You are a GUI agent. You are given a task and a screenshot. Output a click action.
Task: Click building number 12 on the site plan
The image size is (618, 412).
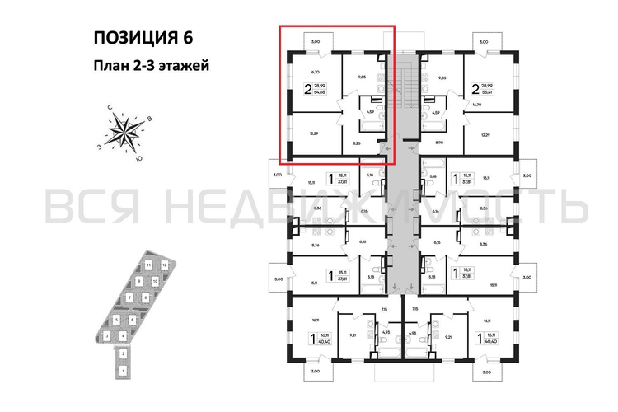point(165,265)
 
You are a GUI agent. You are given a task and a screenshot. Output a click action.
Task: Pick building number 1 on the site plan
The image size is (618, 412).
point(124,372)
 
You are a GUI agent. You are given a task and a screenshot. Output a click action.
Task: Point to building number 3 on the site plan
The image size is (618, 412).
point(108,336)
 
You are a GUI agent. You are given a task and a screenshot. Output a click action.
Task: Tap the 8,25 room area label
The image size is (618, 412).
point(357,143)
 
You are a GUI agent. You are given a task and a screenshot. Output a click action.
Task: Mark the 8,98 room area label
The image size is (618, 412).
point(449,143)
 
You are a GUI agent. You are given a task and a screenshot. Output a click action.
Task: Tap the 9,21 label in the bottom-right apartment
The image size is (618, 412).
point(449,335)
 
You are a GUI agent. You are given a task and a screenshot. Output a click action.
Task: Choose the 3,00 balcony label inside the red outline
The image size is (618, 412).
point(315,40)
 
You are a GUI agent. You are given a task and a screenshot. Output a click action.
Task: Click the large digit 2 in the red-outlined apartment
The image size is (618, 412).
point(307,89)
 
